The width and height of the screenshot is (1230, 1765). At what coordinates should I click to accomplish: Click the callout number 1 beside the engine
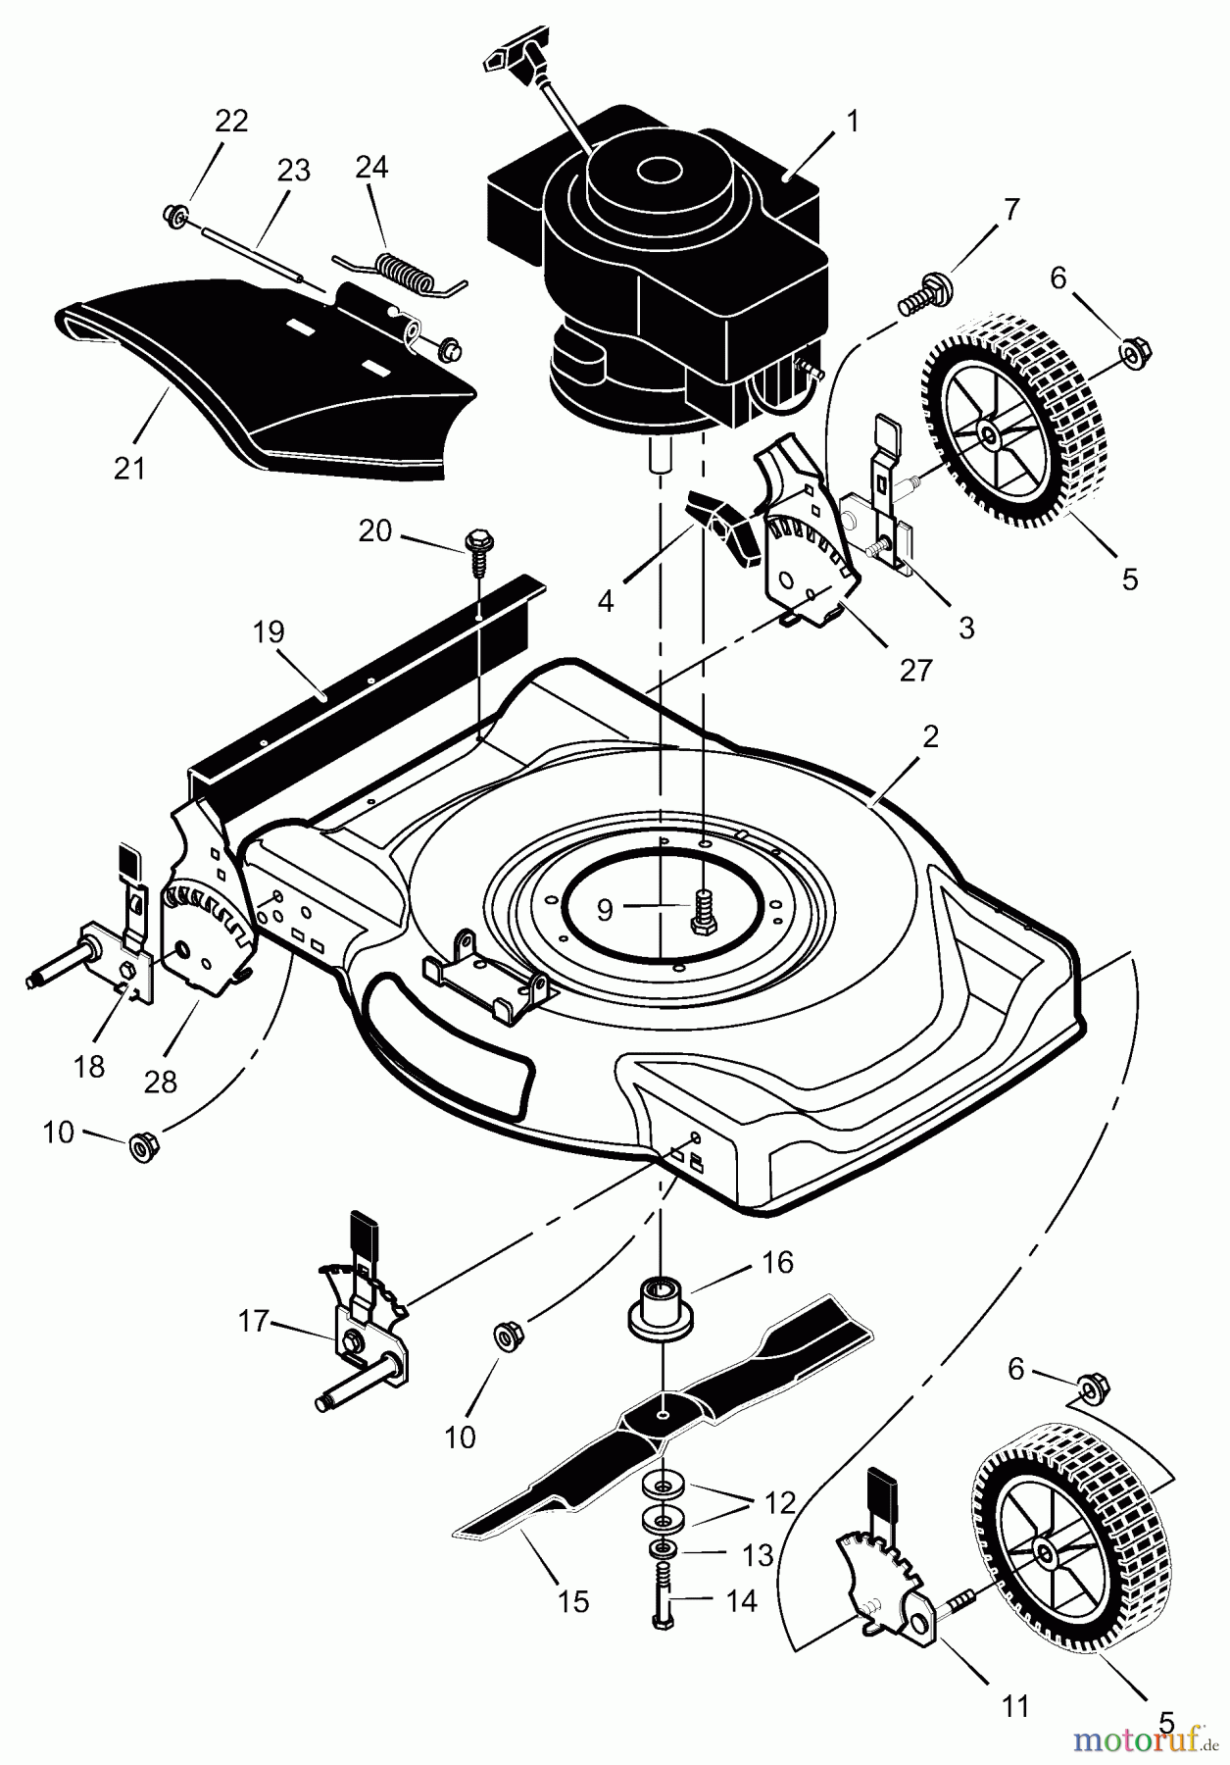click(853, 122)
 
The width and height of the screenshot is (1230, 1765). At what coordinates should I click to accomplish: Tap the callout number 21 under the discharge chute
click(128, 468)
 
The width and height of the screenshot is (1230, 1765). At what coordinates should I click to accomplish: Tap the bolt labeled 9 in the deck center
click(703, 910)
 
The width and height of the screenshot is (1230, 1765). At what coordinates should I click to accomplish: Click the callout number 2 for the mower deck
click(930, 736)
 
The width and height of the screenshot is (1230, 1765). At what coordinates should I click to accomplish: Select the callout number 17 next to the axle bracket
click(253, 1322)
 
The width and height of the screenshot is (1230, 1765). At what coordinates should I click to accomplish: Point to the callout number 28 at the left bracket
click(161, 1081)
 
